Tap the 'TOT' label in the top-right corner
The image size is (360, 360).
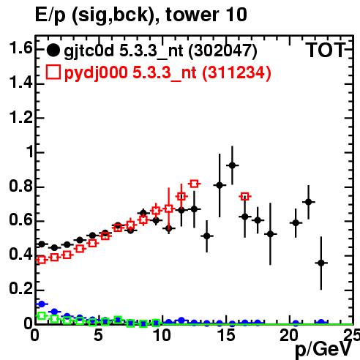point(326,50)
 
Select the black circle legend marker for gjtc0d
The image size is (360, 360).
point(53,50)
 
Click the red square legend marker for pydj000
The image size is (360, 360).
point(53,72)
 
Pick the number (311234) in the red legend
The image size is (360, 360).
point(236,72)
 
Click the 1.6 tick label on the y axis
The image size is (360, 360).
point(20,48)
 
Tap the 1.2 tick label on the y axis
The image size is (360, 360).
point(20,118)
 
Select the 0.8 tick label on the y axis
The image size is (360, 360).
point(20,186)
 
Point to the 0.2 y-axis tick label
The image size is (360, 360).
point(20,289)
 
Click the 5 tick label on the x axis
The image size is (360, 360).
point(98,335)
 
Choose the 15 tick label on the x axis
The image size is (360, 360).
point(226,335)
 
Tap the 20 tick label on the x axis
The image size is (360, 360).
point(289,335)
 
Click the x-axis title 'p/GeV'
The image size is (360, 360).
point(323,349)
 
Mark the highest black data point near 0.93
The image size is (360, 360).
point(232,165)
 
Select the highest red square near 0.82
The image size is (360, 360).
point(194,184)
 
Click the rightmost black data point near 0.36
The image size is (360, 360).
point(321,263)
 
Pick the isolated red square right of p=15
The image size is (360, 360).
point(245,196)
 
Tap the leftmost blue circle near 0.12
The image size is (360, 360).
point(42,304)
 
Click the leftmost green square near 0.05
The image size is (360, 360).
point(42,315)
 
